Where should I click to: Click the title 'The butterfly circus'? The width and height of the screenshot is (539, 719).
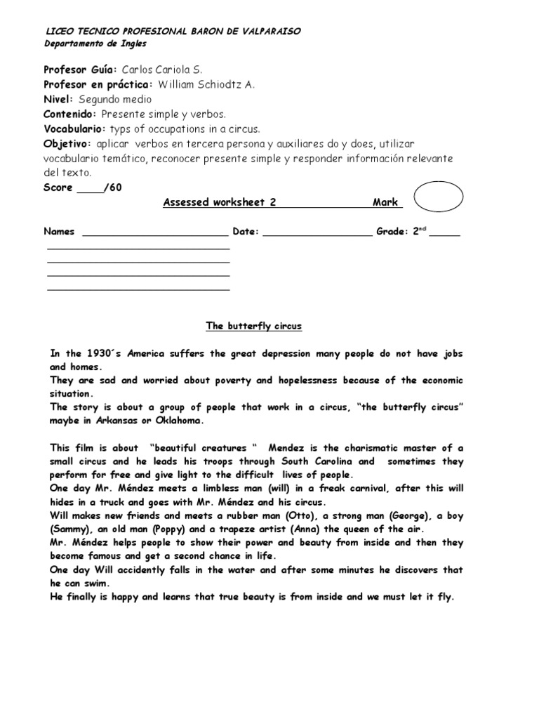pos(253,326)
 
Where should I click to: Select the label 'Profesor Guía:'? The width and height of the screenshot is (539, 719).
pos(80,70)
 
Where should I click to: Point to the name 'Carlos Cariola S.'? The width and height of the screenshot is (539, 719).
pos(162,70)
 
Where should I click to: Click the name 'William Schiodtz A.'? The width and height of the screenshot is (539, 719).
pos(206,85)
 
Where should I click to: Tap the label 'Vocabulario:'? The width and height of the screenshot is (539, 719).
pos(74,129)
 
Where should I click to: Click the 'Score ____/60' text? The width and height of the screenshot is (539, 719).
pos(77,187)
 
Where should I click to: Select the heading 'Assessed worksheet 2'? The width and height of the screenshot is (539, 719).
pos(219,202)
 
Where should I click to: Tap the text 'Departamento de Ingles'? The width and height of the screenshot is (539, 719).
pos(95,44)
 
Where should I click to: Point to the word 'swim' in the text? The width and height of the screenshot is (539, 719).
pos(102,583)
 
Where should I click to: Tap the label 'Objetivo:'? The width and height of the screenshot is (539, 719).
pos(68,144)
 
